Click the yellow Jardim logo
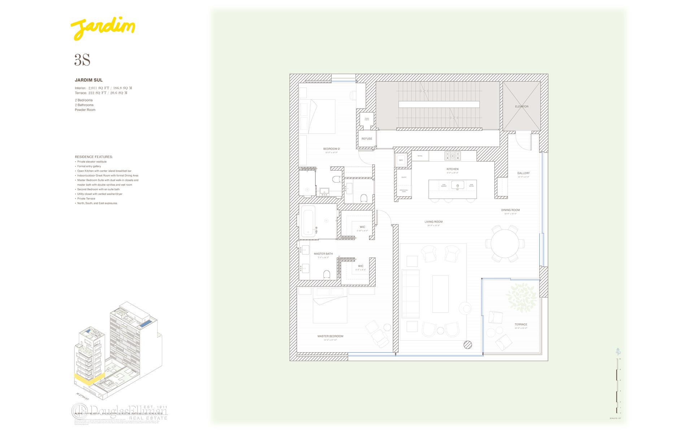pyautogui.click(x=103, y=29)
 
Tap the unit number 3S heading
pyautogui.click(x=82, y=60)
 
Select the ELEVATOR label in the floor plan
pyautogui.click(x=522, y=106)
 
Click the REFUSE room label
pyautogui.click(x=367, y=139)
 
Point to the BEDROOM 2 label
pyautogui.click(x=331, y=149)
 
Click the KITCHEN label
pyautogui.click(x=452, y=169)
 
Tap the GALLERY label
pyautogui.click(x=523, y=173)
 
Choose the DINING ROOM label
pyautogui.click(x=510, y=210)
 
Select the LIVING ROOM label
pyautogui.click(x=433, y=222)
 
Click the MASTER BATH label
pyautogui.click(x=323, y=254)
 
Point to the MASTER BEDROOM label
pyautogui.click(x=330, y=336)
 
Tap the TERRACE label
pyautogui.click(x=521, y=324)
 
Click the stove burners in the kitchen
pyautogui.click(x=453, y=156)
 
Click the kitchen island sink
pyautogui.click(x=457, y=186)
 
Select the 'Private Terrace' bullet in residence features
pyautogui.click(x=86, y=198)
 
